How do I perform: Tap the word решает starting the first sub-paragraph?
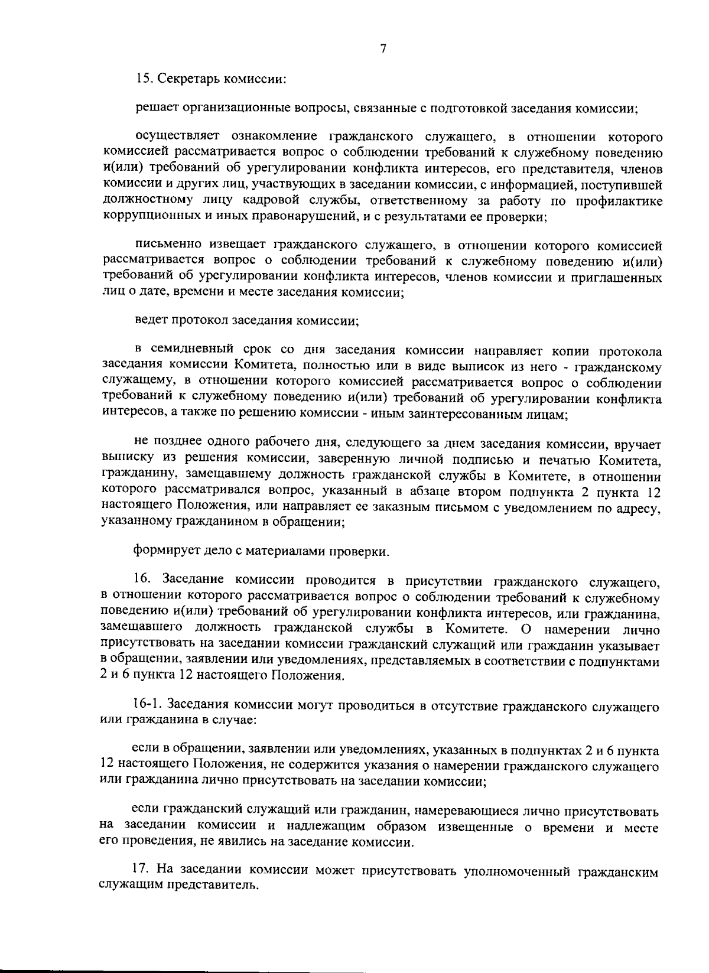pyautogui.click(x=155, y=109)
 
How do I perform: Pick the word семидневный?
pyautogui.click(x=199, y=352)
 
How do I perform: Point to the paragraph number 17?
pyautogui.click(x=139, y=872)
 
